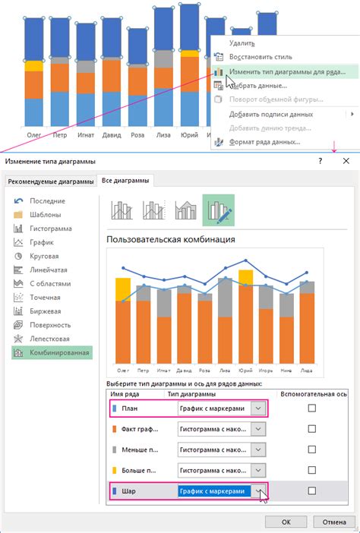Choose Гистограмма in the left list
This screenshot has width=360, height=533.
[50, 228]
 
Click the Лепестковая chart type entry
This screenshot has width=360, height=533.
[51, 339]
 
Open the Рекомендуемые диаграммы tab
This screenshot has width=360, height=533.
[50, 181]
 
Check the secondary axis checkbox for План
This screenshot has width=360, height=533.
[311, 408]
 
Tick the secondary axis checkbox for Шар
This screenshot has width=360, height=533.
[311, 491]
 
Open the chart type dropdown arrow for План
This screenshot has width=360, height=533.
[259, 408]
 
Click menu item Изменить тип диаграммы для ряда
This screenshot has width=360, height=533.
[287, 71]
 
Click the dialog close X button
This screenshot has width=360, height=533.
[346, 162]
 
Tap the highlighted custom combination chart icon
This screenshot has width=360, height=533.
[218, 210]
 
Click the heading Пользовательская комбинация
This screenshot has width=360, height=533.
[170, 239]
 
